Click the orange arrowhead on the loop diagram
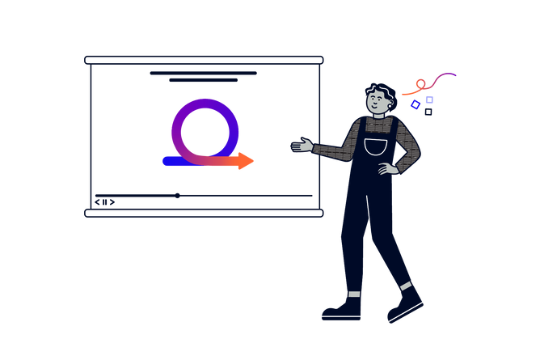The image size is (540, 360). tap(247, 161)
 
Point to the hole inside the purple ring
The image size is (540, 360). tap(205, 129)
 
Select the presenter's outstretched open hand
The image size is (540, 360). tap(302, 146)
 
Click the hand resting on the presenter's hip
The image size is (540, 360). tap(389, 169)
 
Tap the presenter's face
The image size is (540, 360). tap(377, 101)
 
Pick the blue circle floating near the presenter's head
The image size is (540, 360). tap(416, 104)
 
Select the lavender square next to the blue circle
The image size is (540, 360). tap(429, 100)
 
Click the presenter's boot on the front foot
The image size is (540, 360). tap(406, 304)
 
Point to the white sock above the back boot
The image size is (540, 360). tap(354, 293)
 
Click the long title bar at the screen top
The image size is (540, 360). tap(204, 73)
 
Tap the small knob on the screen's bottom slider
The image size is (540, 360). tap(177, 195)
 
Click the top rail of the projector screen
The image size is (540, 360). tap(204, 59)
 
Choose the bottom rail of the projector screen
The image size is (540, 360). tap(204, 213)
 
